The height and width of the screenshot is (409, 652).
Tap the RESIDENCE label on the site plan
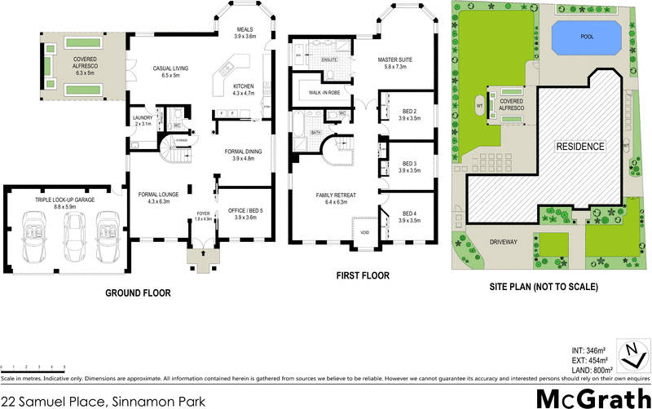pyautogui.click(x=580, y=147)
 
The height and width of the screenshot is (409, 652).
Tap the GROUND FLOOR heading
pyautogui.click(x=138, y=293)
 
